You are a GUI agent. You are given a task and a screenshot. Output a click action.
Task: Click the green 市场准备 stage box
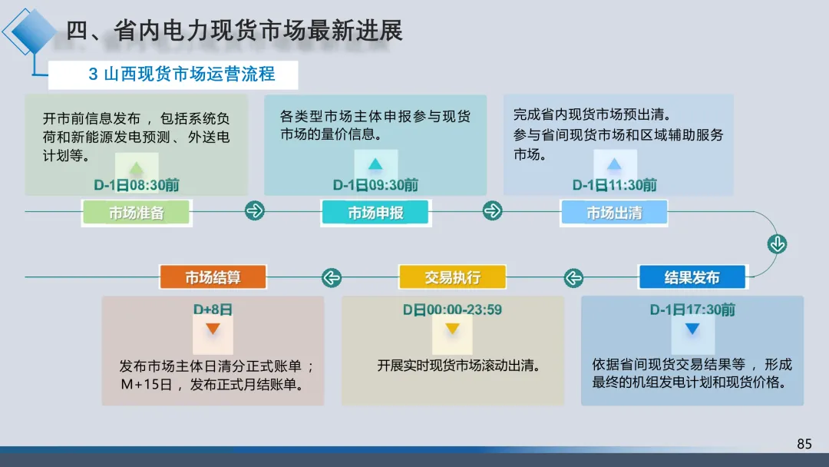pos(136,213)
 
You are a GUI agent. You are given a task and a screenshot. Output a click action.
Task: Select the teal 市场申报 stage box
pos(375,213)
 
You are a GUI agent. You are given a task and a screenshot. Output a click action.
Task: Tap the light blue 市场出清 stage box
pos(614,213)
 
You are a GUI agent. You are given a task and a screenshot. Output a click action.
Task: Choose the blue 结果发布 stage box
pos(692,277)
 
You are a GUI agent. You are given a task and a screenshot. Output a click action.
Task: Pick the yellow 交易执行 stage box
pos(452,277)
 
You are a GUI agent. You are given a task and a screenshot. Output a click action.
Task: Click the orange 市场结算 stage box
pos(213,277)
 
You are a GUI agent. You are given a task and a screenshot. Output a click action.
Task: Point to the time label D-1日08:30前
pos(137,185)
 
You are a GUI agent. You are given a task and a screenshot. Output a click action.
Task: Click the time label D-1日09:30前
pos(375,185)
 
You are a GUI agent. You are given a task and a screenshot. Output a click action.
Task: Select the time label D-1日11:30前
pos(615,185)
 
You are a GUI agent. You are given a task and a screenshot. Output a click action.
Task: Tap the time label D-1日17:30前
pos(692,310)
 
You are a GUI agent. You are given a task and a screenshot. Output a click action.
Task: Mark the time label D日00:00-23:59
pos(452,310)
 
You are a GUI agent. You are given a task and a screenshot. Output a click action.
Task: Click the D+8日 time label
pos(213,310)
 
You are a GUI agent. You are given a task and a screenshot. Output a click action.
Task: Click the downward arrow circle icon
pos(777,244)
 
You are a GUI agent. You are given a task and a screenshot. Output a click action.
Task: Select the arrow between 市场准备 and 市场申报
pos(255,210)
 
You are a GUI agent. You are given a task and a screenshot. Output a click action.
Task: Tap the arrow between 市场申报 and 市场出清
pos(493,210)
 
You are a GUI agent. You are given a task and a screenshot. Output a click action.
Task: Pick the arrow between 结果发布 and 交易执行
pos(573,277)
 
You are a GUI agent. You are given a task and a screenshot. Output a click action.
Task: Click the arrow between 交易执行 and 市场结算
pos(332,277)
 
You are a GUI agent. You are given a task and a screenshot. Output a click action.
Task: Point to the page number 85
pos(804,444)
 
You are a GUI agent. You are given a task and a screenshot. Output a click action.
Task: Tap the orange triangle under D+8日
pos(213,329)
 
